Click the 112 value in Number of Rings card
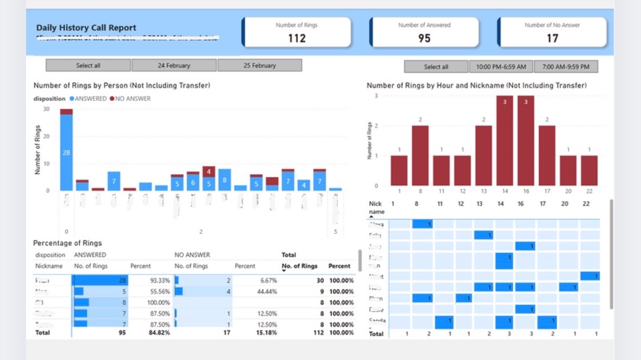tap(296, 38)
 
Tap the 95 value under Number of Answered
tap(424, 38)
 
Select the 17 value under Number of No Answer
tap(552, 38)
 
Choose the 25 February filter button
tap(259, 65)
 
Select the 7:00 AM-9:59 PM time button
tap(566, 67)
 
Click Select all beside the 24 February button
tap(87, 65)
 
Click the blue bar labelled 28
tap(66, 153)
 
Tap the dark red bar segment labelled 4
tap(209, 171)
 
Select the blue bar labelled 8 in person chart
tap(224, 180)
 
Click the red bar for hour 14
tap(505, 141)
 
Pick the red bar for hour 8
tap(420, 156)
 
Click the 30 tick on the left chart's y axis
tap(46, 109)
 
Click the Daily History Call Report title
tap(87, 28)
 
